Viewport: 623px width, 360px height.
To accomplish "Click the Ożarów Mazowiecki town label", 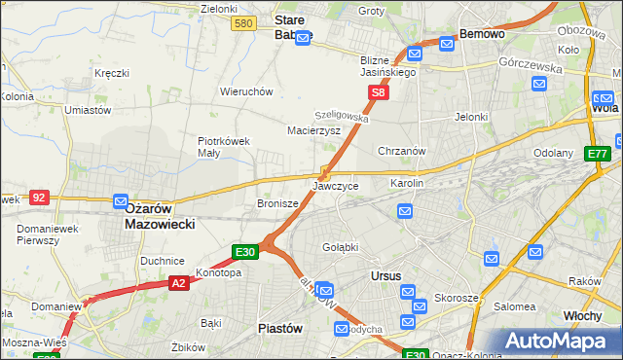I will click(161, 215).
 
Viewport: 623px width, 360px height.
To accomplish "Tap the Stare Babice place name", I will click(292, 27).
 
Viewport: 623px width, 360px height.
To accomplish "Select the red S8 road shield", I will click(380, 93).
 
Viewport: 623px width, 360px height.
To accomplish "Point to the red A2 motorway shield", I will click(178, 283).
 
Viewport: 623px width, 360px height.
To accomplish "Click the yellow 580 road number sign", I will click(244, 23).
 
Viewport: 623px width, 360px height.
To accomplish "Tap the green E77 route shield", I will click(597, 154).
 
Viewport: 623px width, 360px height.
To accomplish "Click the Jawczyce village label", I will click(336, 185).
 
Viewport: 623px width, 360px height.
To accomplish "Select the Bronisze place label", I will click(276, 204).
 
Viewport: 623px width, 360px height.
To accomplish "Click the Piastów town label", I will click(280, 328).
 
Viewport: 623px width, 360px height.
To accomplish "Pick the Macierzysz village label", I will click(313, 129).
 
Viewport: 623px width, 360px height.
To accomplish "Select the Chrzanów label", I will click(402, 151).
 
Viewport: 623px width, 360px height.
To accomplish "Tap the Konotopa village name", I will click(218, 273).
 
